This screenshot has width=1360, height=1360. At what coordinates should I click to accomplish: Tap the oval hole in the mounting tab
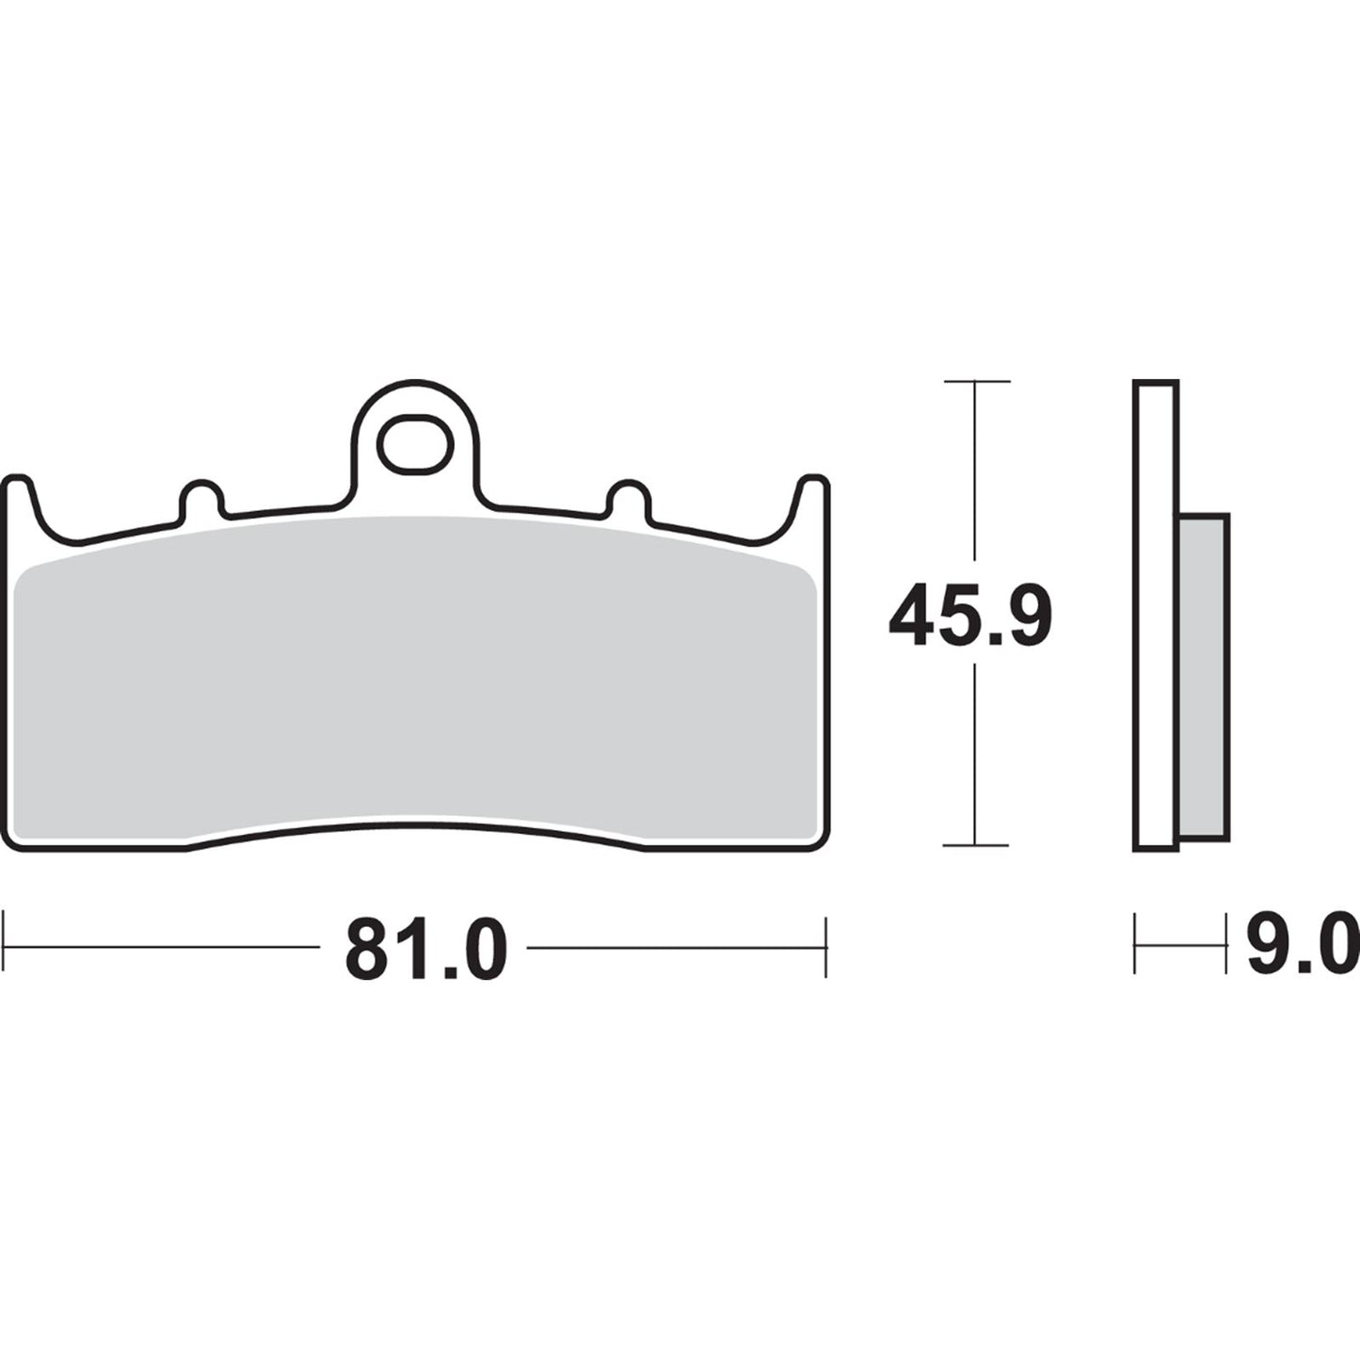point(415,443)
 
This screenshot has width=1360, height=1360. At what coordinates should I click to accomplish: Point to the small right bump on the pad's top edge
point(628,499)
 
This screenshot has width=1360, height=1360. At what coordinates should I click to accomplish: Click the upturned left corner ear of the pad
point(20,499)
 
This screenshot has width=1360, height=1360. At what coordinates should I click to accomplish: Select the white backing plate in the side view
point(1156,612)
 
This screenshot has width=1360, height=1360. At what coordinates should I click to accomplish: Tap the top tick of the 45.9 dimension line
point(976,382)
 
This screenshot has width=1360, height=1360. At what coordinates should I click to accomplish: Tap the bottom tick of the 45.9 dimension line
point(976,845)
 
